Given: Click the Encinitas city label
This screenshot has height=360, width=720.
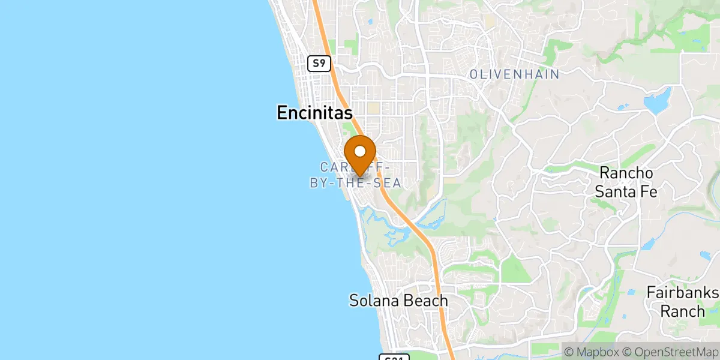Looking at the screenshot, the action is coord(314,112).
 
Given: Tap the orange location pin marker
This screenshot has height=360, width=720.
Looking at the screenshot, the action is coord(360,155).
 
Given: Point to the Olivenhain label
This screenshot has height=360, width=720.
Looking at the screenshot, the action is coord(514,74).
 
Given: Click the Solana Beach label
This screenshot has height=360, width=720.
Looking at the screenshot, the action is coord(398,300).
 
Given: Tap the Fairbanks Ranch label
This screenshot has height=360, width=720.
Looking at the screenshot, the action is coord(683,302).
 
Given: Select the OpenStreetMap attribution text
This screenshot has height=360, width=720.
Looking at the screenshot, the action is coord(667,351).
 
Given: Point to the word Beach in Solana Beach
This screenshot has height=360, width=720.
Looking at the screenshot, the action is coord(426,300).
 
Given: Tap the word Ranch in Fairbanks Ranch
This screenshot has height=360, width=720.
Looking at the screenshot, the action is coord(683,311).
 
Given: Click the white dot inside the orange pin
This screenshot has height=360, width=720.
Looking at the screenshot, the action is coord(360,151).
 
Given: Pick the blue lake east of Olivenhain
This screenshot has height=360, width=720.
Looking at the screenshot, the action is coord(657,100).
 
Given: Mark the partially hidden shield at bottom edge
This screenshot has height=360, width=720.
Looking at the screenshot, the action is coord(394,358).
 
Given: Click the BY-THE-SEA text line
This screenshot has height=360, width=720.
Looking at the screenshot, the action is coord(355,183).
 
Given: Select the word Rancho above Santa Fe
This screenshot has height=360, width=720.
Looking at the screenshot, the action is coord(628,173).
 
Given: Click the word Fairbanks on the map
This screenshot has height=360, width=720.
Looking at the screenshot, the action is coord(683,292).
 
